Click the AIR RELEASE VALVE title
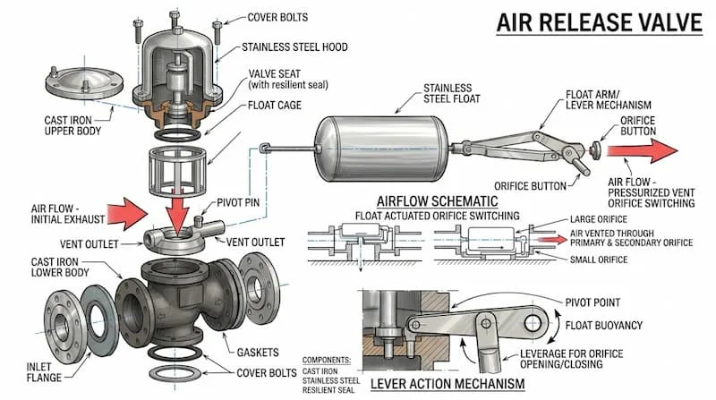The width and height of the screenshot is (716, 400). point(599,22)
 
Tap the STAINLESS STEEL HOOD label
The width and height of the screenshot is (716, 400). point(294,47)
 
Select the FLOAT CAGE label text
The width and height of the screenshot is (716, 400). point(275,105)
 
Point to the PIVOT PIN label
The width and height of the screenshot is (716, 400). point(238,202)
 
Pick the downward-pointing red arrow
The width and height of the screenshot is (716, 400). point(177,208)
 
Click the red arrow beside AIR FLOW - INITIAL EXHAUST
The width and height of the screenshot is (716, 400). point(128,214)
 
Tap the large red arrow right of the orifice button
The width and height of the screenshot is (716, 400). point(642,150)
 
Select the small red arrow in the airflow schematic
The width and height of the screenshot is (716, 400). point(553,240)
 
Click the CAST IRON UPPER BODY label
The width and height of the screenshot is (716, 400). point(72,125)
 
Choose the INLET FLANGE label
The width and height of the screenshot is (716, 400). point(44,372)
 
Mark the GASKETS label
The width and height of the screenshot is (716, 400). point(258,353)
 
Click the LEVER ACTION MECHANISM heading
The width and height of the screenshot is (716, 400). point(447,384)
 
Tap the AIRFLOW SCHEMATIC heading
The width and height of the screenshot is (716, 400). point(437,201)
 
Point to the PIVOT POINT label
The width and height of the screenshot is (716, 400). point(592,302)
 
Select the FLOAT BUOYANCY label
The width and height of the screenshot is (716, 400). point(603,326)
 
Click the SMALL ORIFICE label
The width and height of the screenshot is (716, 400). point(599,260)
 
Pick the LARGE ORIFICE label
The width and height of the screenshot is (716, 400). point(599,219)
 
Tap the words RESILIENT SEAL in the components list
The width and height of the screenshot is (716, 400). point(328,390)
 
